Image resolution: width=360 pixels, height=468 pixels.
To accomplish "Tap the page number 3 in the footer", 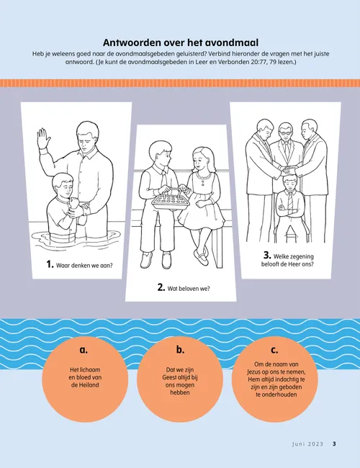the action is (x=334, y=444).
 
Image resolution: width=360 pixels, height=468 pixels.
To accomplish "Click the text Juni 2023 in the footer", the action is (x=307, y=444).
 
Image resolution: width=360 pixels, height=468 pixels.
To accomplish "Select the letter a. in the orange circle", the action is (x=84, y=350).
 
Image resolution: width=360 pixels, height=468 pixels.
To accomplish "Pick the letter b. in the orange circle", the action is (x=180, y=349).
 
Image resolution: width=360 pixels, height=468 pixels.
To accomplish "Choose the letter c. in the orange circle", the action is (x=274, y=350).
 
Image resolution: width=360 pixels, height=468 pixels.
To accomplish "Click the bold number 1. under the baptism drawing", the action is (x=50, y=264).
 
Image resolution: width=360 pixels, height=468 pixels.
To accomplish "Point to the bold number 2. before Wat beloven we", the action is (x=161, y=287).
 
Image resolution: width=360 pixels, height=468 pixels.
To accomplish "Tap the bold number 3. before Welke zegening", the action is (x=267, y=255).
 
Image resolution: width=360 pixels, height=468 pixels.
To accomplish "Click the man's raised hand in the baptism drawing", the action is (x=43, y=138).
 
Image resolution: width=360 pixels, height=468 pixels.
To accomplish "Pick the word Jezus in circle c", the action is (x=255, y=372).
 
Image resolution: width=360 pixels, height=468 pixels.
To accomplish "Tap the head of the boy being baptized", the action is (x=63, y=184).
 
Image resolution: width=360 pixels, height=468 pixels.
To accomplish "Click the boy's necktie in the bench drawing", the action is (x=164, y=181).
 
